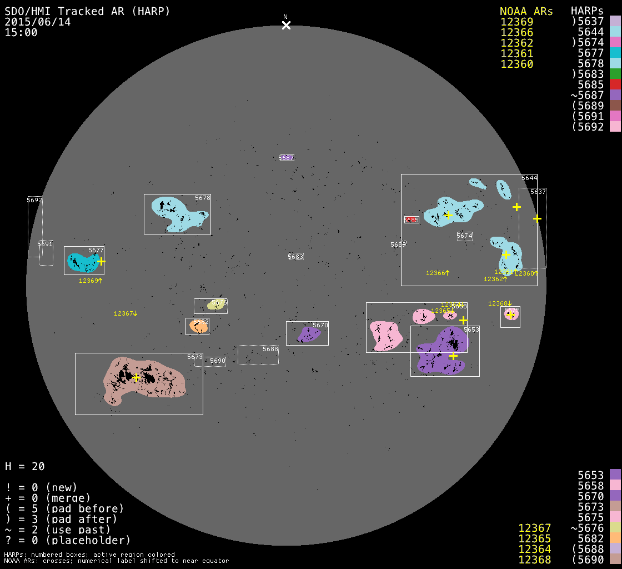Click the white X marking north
pos(286,25)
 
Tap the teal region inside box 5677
pos(82,261)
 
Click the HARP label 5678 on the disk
pos(203,198)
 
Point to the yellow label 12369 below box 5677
pos(91,281)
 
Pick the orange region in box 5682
pos(198,326)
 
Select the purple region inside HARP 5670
pos(308,334)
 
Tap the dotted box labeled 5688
pos(258,355)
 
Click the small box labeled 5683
pos(296,257)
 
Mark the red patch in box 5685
pos(411,219)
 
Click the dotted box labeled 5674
pos(465,236)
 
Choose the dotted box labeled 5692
pos(35,227)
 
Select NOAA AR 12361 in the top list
pos(516,53)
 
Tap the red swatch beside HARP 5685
pos(615,84)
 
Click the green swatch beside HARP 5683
pos(615,74)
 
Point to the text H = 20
pos(25,466)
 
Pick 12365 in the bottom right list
pos(534,538)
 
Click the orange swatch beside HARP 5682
pos(615,538)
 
